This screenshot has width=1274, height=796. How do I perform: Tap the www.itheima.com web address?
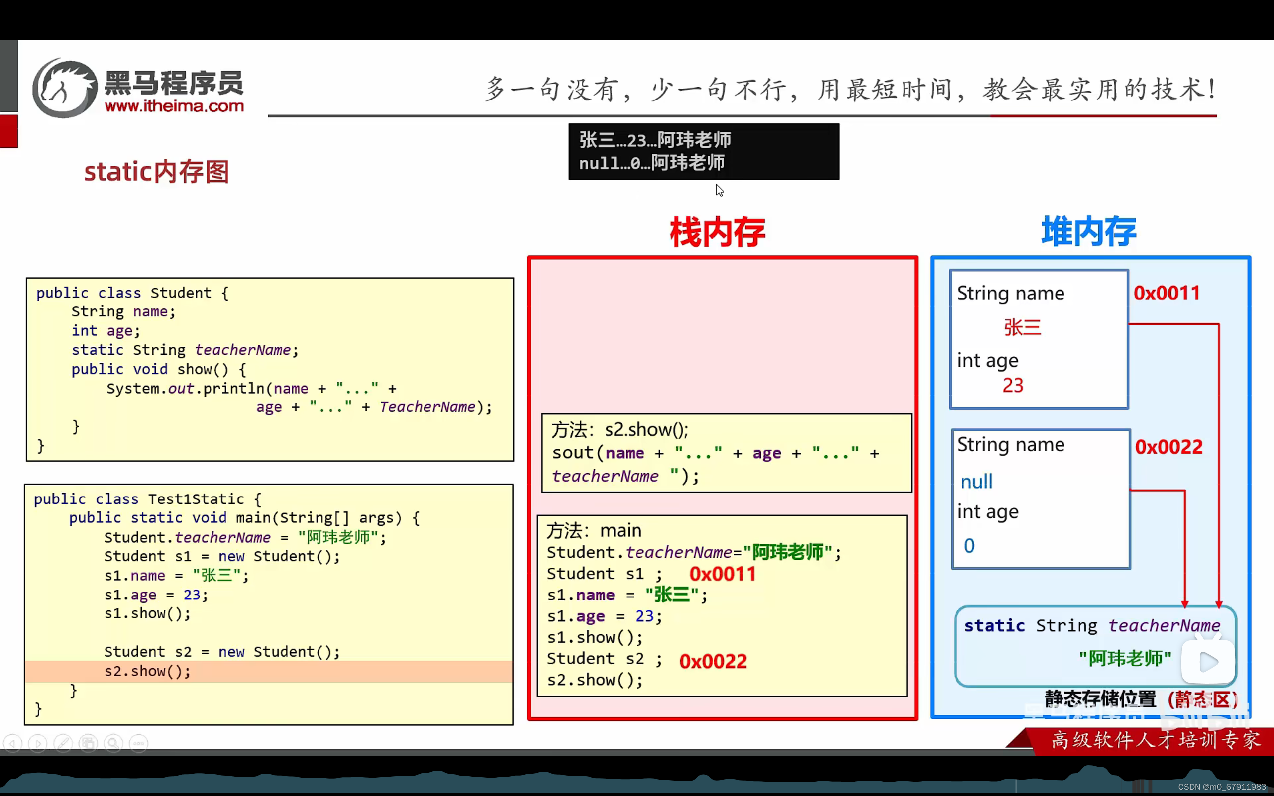174,106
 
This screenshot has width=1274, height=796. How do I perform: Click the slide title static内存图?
156,172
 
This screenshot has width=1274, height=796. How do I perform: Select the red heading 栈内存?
717,232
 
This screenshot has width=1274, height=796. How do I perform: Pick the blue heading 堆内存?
1089,231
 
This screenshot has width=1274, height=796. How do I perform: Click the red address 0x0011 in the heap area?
1167,293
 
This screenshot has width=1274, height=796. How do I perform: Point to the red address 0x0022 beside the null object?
1168,447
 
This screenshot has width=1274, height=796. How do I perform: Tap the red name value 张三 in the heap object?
1022,327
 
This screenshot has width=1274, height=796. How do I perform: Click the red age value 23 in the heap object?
1012,386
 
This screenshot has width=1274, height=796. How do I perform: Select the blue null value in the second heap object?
976,482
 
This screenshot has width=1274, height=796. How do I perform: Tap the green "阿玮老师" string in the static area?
1125,658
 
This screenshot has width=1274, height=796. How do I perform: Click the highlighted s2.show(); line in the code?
147,671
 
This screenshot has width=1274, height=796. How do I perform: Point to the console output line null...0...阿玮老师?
652,163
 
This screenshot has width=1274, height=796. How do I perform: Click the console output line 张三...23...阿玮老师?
655,140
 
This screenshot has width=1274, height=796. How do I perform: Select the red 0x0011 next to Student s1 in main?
722,574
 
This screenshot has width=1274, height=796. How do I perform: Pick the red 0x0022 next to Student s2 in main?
713,661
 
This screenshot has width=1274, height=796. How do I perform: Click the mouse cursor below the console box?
719,190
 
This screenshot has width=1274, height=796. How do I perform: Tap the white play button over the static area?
1208,662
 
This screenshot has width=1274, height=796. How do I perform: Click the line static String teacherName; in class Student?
185,350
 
